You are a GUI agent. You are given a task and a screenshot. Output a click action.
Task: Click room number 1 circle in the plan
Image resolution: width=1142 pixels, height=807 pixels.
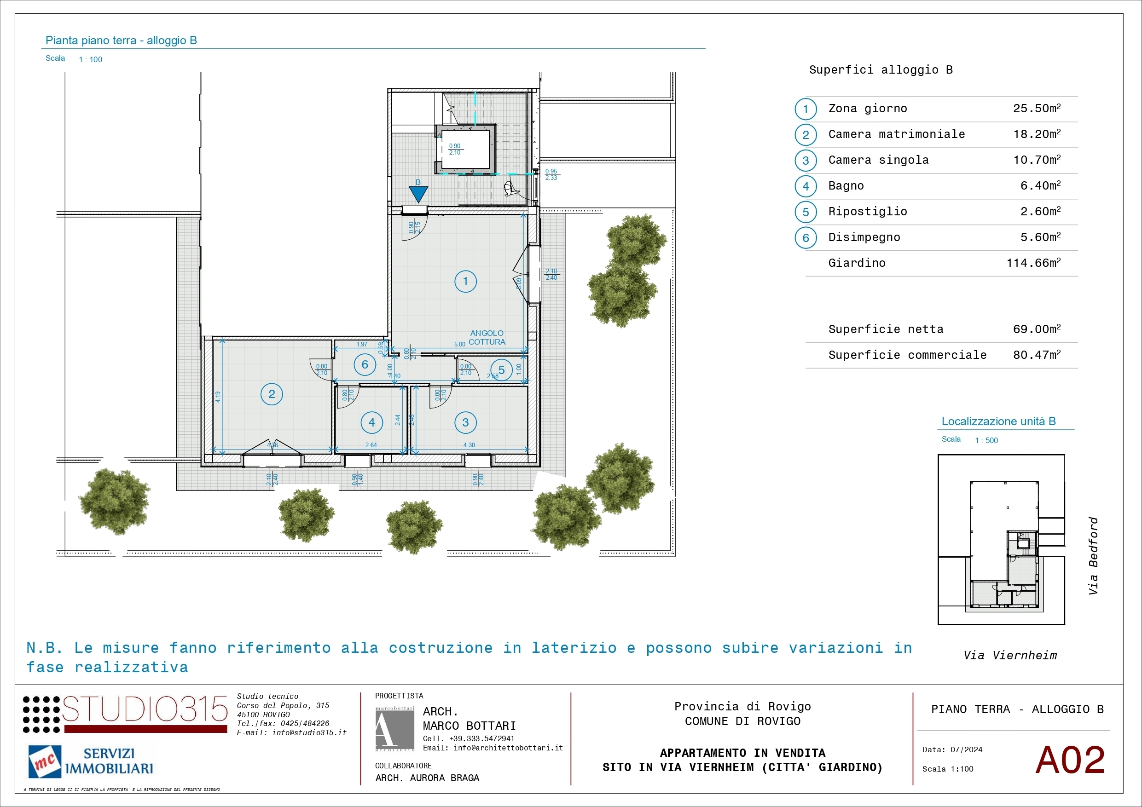[x=465, y=282]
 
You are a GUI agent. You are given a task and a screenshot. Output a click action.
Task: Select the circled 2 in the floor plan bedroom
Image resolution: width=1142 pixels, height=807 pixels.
[x=272, y=394]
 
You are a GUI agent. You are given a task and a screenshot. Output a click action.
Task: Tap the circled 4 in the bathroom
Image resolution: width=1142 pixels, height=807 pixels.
[x=371, y=423]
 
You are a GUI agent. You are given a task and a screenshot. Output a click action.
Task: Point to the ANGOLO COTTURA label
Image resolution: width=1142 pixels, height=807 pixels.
[x=487, y=338]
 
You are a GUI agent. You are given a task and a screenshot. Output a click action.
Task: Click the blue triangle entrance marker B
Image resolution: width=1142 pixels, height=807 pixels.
[x=418, y=193]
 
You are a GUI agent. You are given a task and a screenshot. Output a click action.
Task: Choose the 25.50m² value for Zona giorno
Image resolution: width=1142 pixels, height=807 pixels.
[x=1037, y=109]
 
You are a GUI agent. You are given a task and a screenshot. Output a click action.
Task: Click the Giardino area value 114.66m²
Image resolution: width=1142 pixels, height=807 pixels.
[x=1033, y=263]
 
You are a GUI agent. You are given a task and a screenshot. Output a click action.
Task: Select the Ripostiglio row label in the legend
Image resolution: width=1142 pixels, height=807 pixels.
[x=868, y=211]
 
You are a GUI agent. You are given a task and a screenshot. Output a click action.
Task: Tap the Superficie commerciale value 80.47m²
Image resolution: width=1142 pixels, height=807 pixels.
[x=1037, y=355]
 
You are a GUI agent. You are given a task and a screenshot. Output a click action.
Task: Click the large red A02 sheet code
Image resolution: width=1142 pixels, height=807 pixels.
[x=1070, y=760]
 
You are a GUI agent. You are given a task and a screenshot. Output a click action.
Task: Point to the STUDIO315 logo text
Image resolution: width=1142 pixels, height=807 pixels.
[x=144, y=709]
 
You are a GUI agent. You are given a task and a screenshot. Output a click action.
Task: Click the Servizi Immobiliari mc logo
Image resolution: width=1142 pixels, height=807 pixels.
[x=91, y=761]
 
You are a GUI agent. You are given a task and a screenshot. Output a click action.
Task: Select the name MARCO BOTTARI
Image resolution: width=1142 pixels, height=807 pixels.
[x=469, y=726]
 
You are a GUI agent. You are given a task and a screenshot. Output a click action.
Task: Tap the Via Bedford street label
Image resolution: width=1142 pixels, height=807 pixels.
[x=1093, y=556]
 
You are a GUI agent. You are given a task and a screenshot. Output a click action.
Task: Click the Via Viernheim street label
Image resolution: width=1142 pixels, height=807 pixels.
[x=1010, y=655]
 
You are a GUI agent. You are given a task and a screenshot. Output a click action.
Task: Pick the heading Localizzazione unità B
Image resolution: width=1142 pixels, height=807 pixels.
[x=998, y=421]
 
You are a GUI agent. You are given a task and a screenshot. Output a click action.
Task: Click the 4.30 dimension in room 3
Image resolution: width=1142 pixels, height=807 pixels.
[x=469, y=445]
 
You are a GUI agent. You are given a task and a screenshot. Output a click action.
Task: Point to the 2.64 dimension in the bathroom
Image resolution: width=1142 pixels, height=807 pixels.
[x=371, y=445]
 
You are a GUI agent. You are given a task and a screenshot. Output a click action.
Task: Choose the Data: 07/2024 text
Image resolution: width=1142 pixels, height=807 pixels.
[x=952, y=750]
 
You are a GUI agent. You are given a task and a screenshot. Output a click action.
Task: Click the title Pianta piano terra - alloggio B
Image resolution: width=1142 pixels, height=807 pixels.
[x=122, y=40]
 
